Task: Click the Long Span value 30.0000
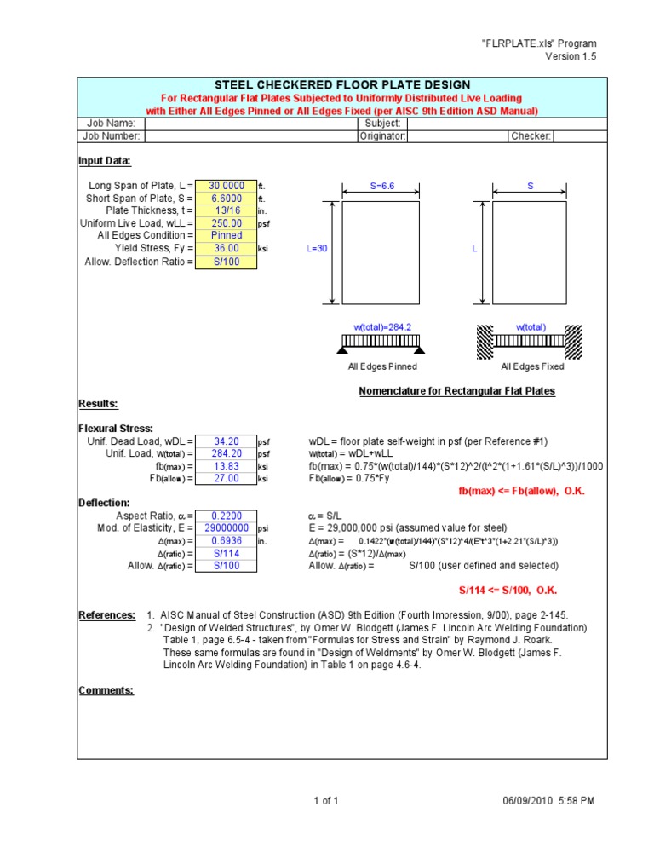(x=226, y=186)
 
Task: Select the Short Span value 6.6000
(x=226, y=198)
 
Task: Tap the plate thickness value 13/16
(x=226, y=210)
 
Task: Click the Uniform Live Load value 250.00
(x=226, y=223)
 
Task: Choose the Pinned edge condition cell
(x=226, y=235)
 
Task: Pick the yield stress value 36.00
(x=226, y=248)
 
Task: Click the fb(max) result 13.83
(x=226, y=467)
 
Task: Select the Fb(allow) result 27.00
(x=226, y=479)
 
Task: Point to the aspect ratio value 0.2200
(x=226, y=516)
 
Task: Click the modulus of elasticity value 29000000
(x=226, y=528)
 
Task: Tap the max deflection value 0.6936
(x=226, y=541)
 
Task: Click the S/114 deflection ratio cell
(x=226, y=553)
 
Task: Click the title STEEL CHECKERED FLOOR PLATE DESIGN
(x=341, y=84)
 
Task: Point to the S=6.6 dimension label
(x=381, y=185)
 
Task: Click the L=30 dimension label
(x=317, y=250)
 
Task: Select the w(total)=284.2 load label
(x=381, y=327)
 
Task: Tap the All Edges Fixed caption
(x=532, y=367)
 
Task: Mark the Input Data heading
(x=105, y=161)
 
